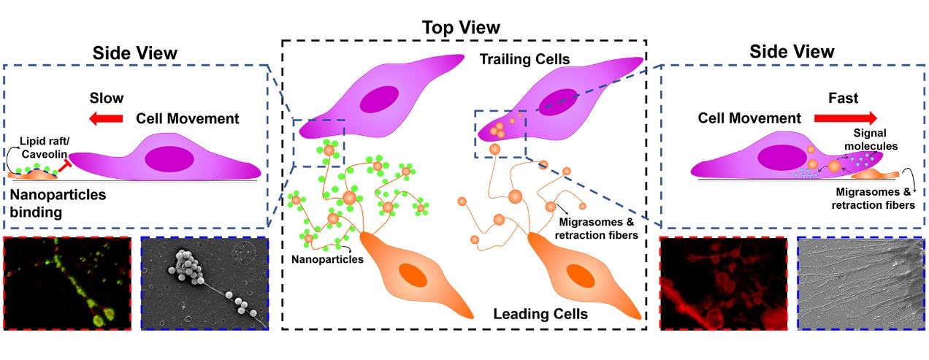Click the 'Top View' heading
tap(461, 27)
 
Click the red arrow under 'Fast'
tap(846, 117)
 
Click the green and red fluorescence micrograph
tap(68, 282)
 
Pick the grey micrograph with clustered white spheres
tap(204, 282)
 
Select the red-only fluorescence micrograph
tap(723, 283)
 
